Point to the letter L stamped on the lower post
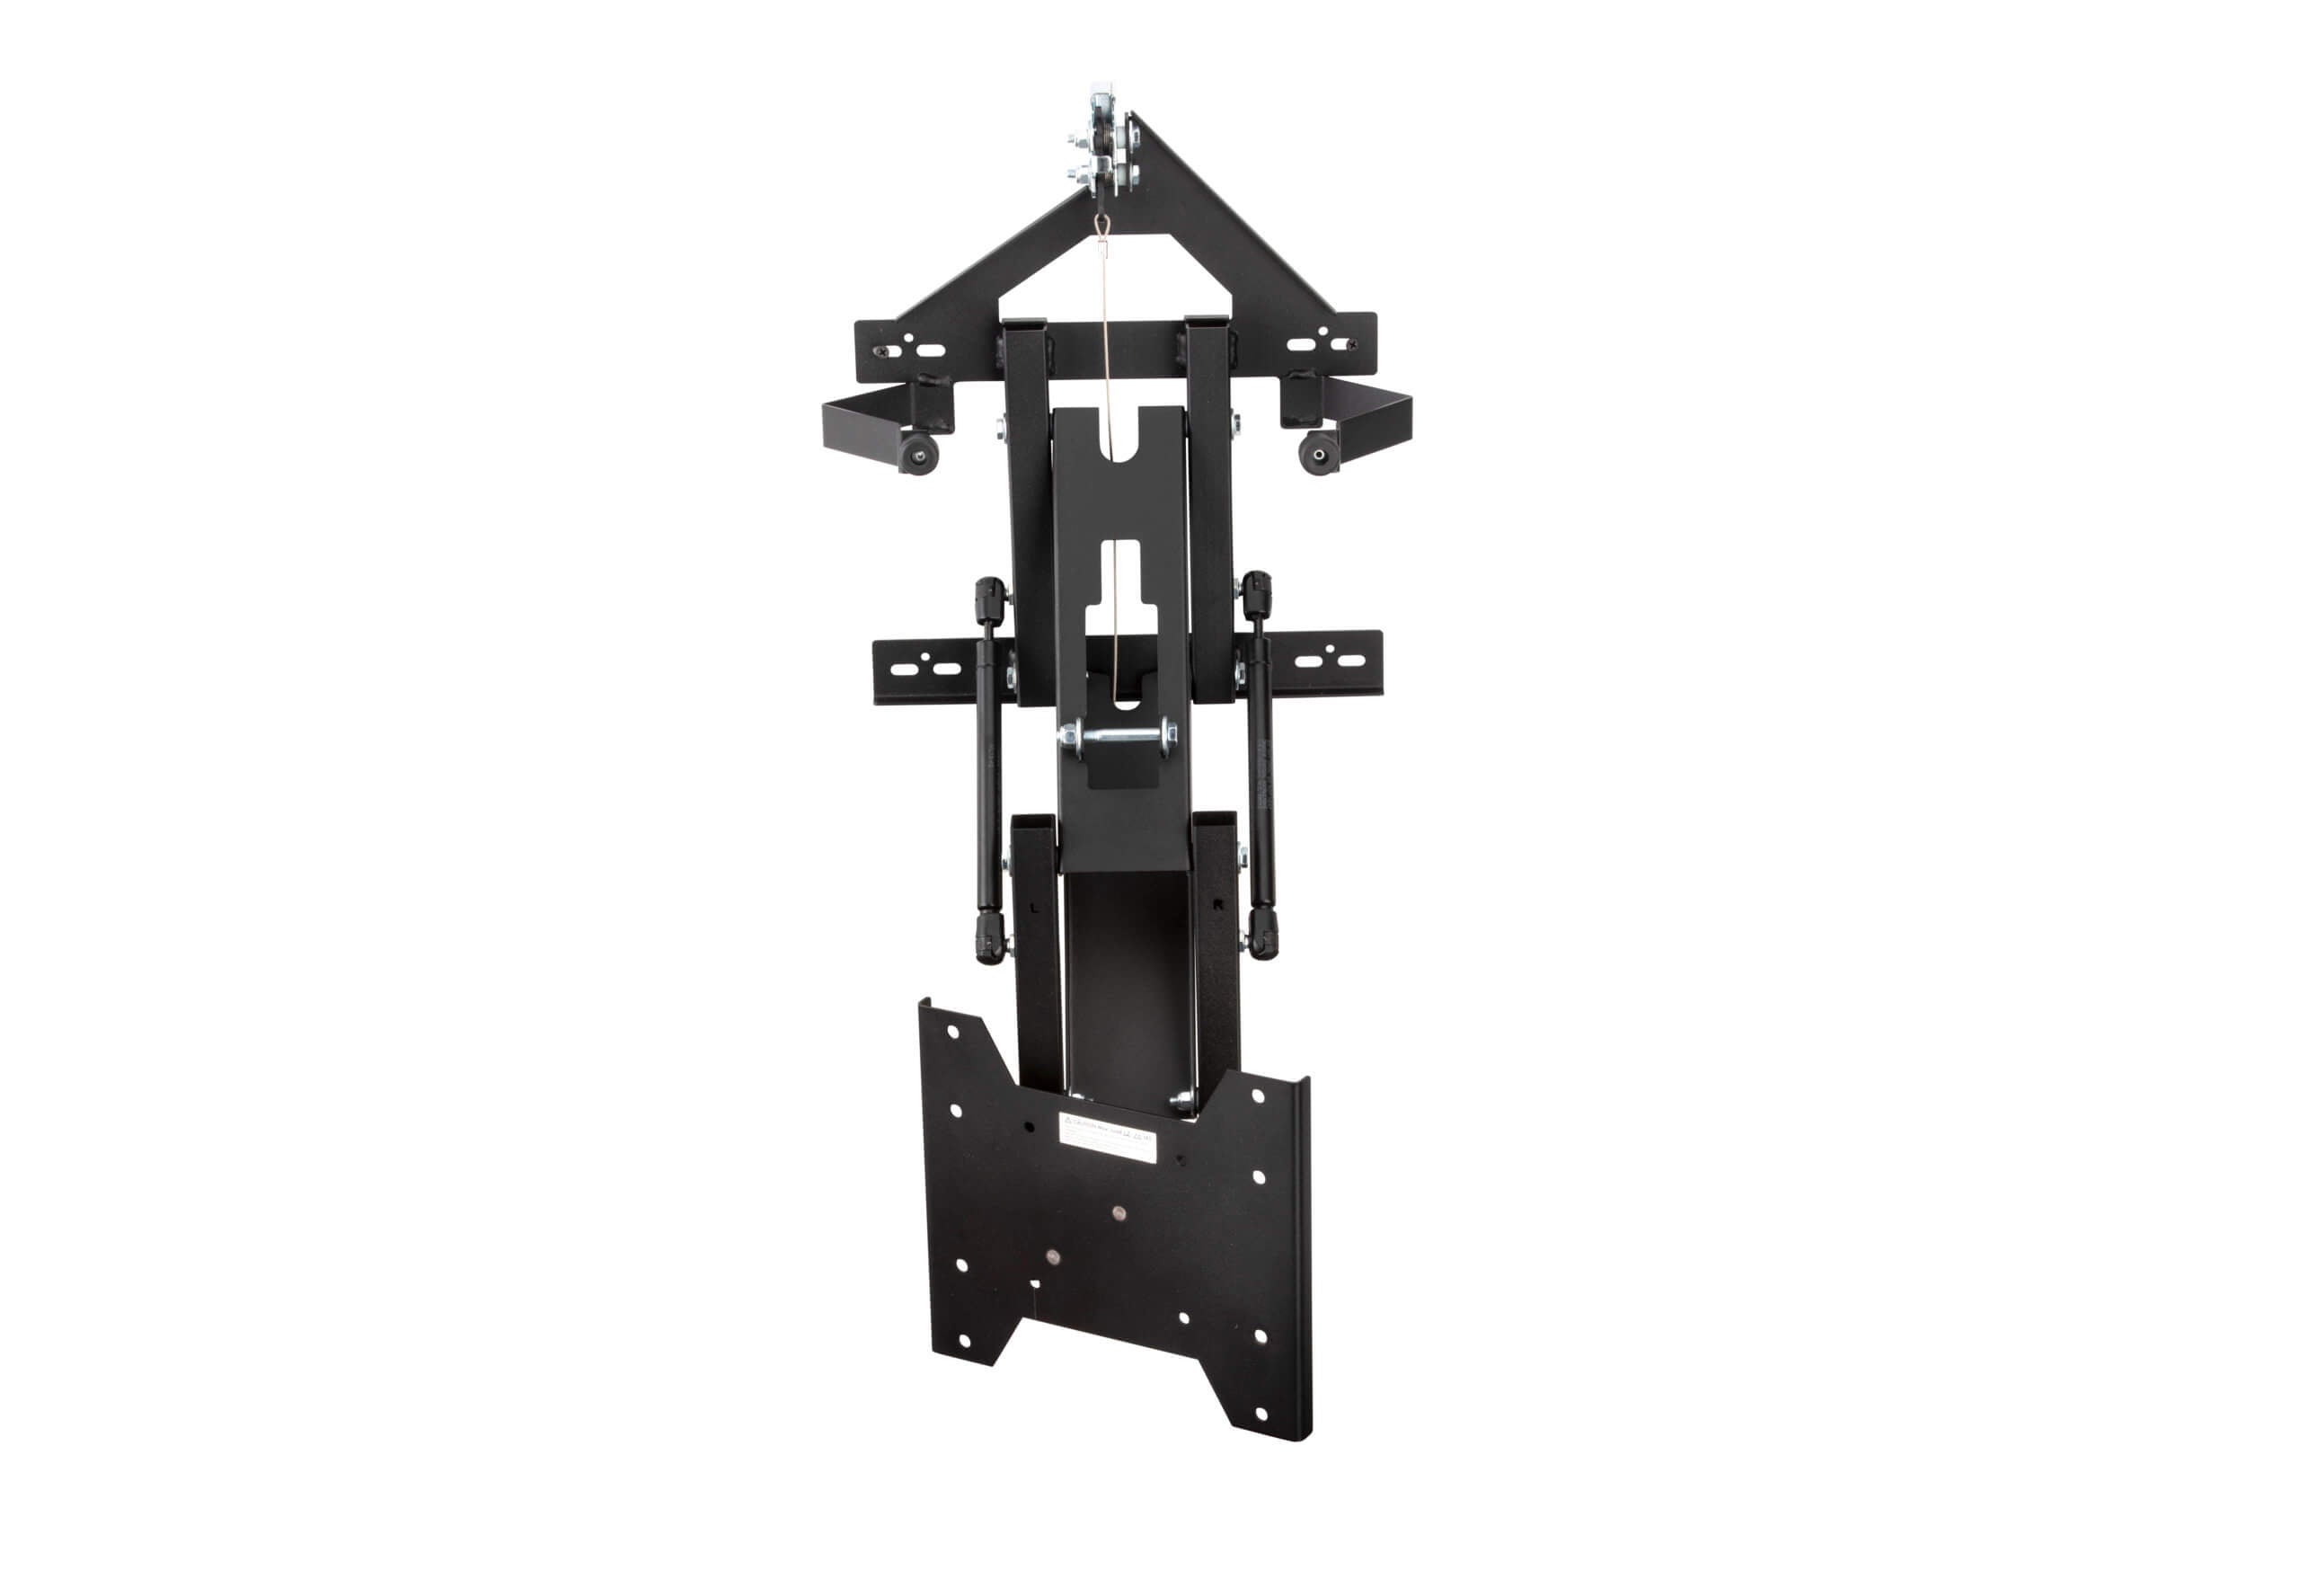[x=1035, y=907]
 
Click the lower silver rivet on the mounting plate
[x=1052, y=1256]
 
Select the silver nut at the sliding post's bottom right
[x=1180, y=1099]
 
